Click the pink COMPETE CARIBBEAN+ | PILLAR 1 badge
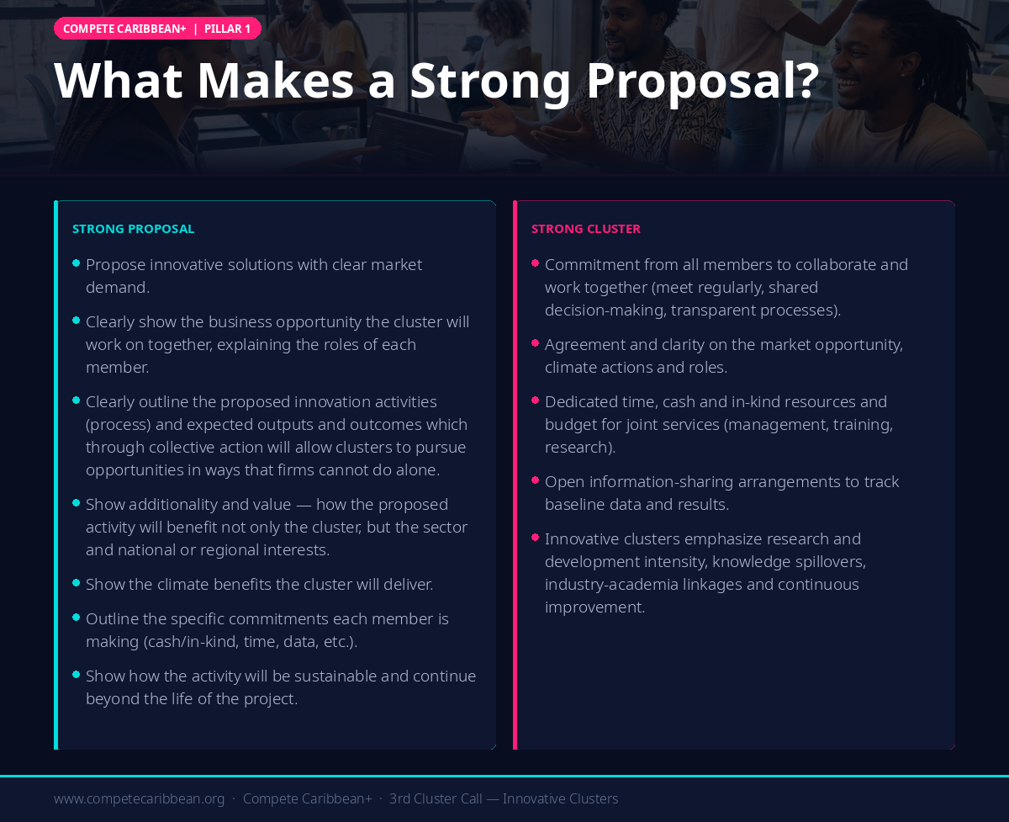[157, 29]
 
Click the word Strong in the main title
[490, 82]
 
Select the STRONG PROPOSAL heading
[133, 229]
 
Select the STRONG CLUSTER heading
[585, 229]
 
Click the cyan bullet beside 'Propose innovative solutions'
[77, 263]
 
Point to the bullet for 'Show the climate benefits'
[77, 582]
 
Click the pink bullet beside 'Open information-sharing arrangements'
[536, 480]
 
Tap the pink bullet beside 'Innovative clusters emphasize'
[536, 537]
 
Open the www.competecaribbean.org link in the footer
[139, 798]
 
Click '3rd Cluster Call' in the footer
[436, 798]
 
